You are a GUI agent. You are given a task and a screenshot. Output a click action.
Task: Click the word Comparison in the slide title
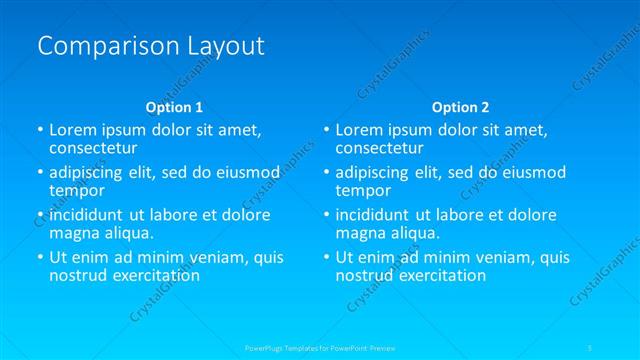99,46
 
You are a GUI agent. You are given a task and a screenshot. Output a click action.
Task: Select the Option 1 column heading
174,106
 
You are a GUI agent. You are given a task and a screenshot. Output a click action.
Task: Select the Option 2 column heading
460,106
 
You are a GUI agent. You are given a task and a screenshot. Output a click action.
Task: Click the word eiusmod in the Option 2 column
536,172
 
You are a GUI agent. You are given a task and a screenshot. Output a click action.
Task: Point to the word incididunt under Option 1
87,215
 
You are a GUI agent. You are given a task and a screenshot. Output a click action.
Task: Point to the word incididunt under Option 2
373,215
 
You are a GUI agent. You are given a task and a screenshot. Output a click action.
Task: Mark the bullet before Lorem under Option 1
40,130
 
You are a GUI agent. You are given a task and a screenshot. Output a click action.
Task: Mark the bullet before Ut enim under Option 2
326,257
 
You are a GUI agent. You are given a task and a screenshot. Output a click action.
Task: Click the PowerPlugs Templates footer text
320,347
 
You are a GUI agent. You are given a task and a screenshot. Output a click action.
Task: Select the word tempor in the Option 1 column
77,190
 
